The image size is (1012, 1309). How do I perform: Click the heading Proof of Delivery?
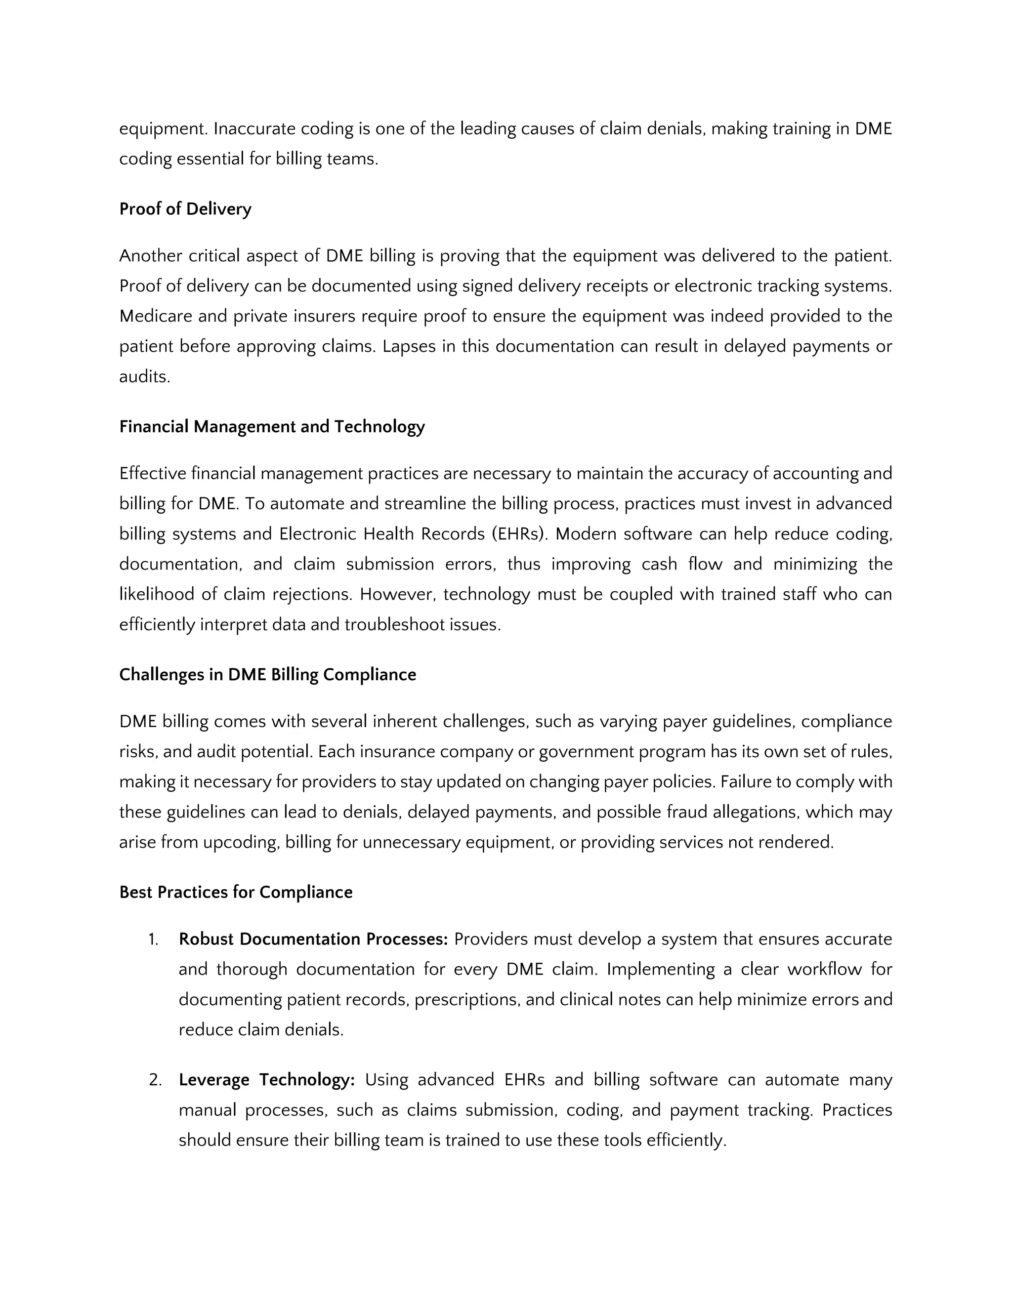(x=185, y=209)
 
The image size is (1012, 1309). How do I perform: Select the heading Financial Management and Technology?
(x=272, y=427)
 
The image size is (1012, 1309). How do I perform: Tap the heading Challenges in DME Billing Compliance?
(x=267, y=675)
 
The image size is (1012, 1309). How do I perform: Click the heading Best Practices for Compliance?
(x=236, y=893)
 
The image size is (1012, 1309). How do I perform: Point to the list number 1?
(x=154, y=939)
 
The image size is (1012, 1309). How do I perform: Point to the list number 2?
(x=155, y=1080)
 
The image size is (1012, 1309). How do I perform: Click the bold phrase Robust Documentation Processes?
(x=313, y=939)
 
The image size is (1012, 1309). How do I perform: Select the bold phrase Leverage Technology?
(x=267, y=1080)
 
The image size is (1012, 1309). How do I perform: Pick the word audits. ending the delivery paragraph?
(x=144, y=377)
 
